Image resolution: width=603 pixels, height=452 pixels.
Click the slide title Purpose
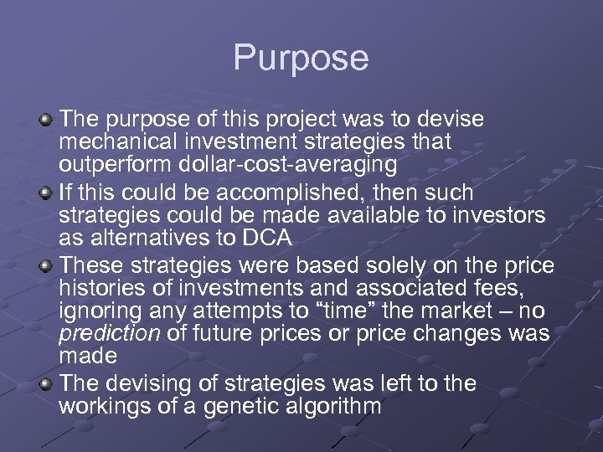pyautogui.click(x=301, y=58)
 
